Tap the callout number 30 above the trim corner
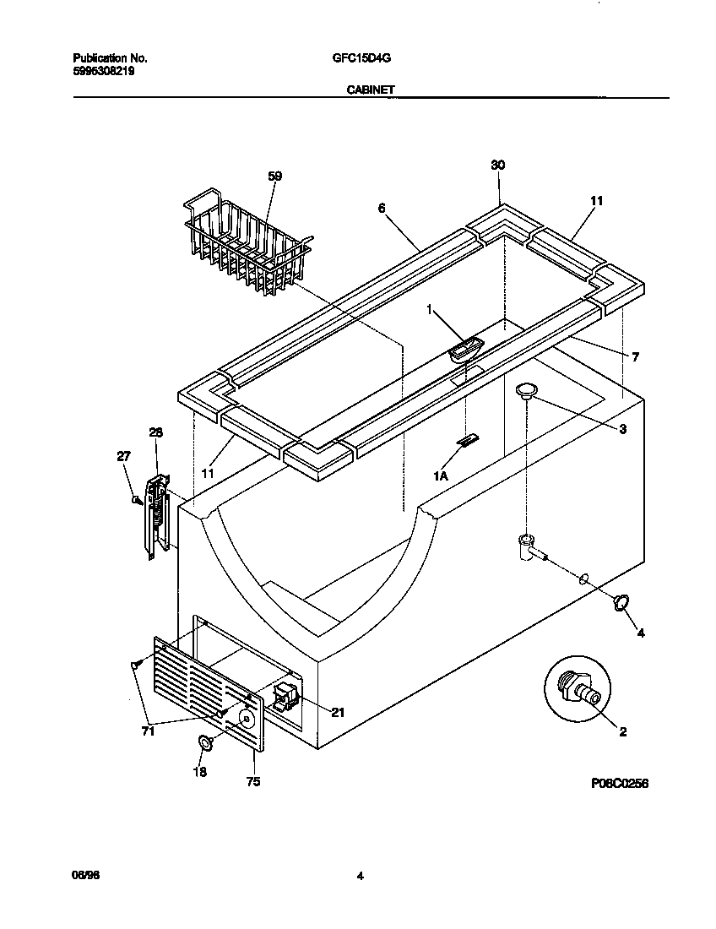pos(497,166)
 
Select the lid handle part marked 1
pos(464,348)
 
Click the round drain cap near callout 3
pos(527,388)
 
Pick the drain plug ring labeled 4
pos(621,601)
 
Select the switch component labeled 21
pos(284,697)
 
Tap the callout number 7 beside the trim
pos(634,357)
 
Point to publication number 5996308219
pos(103,72)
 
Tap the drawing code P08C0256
pos(619,784)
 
